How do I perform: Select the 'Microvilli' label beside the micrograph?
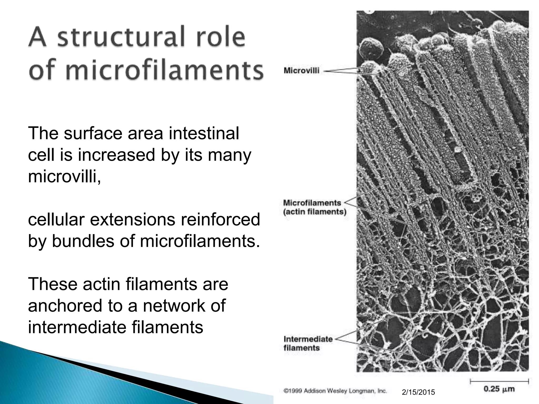click(301, 70)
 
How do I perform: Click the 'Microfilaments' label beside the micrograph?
click(312, 203)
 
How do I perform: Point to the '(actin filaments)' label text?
click(315, 212)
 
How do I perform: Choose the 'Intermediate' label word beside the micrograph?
click(308, 339)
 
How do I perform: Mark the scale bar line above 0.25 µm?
click(503, 381)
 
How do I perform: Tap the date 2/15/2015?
click(418, 392)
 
